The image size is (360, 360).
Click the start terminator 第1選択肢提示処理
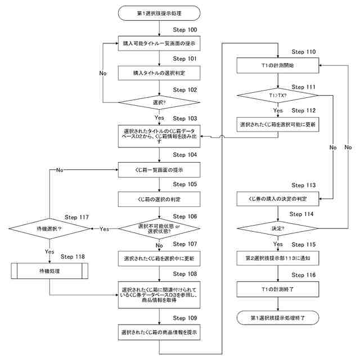pos(159,13)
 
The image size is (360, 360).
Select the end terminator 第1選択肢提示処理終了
pos(278,318)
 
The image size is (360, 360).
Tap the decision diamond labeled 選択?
pos(159,102)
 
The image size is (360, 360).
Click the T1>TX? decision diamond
pos(278,95)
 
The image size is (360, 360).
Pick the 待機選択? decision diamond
pos(49,229)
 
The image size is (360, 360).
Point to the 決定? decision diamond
pos(278,228)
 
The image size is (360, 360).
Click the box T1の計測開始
pos(278,65)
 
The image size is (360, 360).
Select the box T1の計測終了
pos(278,289)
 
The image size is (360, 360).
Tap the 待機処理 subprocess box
pos(49,271)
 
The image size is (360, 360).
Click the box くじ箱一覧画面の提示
pos(159,170)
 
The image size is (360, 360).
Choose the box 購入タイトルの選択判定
pos(159,73)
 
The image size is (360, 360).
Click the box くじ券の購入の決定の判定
pos(278,199)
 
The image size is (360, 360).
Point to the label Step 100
pos(185,30)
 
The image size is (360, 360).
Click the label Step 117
pos(76,217)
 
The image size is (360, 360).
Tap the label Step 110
pos(304,52)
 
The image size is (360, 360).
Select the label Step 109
pos(185,318)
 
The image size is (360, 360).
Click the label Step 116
pos(304,275)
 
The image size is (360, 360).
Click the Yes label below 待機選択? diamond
pos(49,251)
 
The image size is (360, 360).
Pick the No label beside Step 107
pos(159,245)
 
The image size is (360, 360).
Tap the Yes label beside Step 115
pos(278,244)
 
